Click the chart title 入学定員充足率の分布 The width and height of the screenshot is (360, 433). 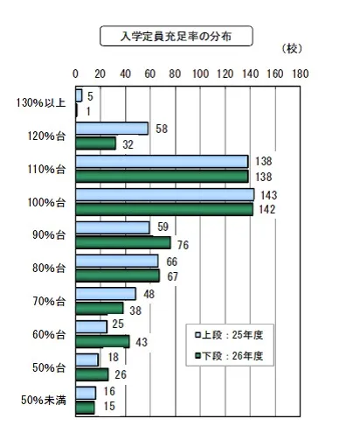tap(177, 36)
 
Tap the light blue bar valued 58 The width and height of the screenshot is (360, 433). tap(112, 129)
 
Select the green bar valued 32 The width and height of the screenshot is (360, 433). tap(96, 143)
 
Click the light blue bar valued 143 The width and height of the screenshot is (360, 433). tap(165, 194)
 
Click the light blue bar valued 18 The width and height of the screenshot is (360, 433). tap(87, 360)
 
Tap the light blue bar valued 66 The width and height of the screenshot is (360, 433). tap(117, 261)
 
